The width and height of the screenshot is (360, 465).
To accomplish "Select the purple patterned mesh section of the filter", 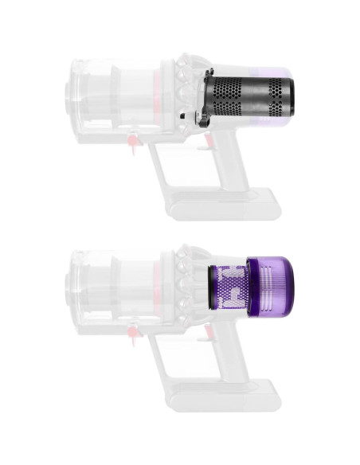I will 229,288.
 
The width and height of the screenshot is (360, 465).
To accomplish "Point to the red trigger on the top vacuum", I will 209,142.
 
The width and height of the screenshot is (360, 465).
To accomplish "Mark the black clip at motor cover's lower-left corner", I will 186,118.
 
